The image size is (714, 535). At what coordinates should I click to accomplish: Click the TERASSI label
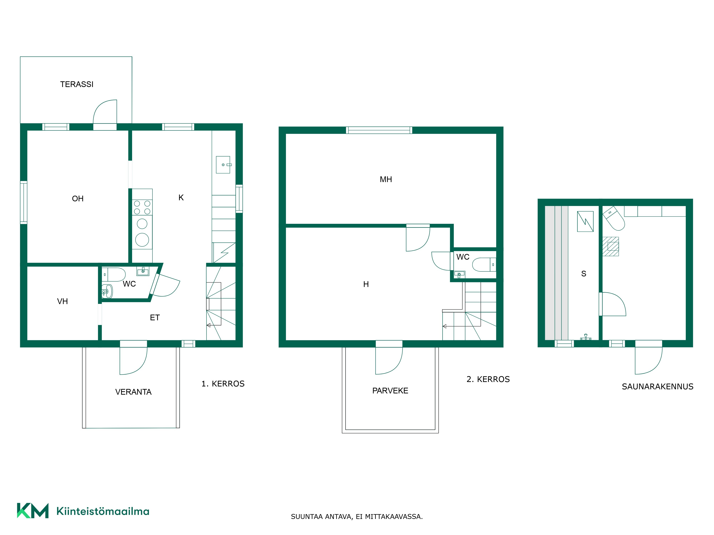77,84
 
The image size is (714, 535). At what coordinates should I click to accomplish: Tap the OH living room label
78,199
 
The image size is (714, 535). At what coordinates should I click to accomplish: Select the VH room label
62,301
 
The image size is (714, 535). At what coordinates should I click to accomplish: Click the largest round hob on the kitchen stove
142,240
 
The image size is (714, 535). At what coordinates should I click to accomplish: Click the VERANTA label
133,392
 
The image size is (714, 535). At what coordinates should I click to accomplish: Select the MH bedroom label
386,179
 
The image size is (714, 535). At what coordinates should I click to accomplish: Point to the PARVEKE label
390,391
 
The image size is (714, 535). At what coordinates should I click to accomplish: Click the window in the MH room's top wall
379,130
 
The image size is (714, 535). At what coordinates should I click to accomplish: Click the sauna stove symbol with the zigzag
585,221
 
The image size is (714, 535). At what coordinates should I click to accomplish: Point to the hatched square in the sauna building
611,247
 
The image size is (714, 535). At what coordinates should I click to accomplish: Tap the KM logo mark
33,511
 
